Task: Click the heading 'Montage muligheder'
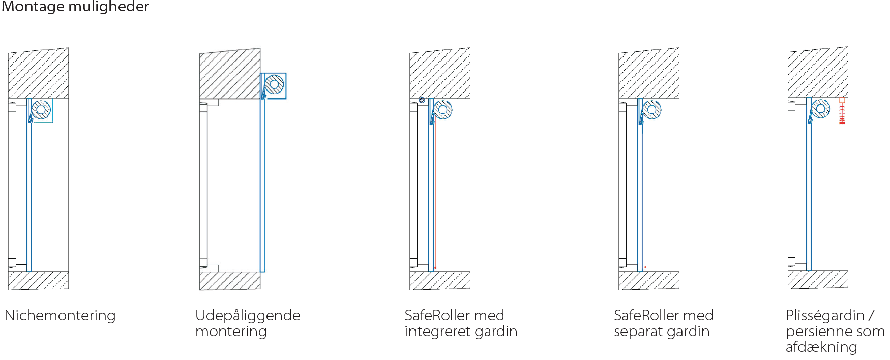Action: [75, 7]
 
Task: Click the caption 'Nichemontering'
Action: [60, 316]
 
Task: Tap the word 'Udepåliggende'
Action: [248, 316]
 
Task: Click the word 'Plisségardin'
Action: [825, 316]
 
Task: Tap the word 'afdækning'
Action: [821, 347]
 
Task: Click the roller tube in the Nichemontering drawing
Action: [41, 110]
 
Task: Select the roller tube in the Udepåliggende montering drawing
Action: [275, 84]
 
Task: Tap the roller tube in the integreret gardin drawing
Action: [443, 110]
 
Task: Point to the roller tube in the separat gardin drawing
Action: [651, 110]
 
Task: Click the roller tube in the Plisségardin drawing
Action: [820, 109]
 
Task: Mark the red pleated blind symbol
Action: [842, 111]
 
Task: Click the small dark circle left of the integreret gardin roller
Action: [422, 100]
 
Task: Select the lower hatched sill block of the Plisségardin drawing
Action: [818, 279]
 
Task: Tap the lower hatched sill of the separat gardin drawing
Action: [649, 280]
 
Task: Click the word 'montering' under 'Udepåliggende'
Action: [231, 332]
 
